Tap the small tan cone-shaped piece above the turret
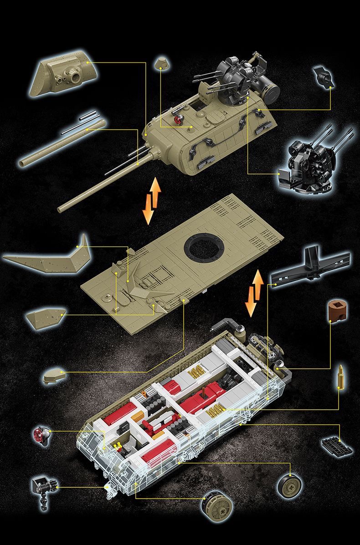click(x=160, y=63)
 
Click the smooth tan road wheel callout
click(x=290, y=486)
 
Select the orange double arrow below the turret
click(x=151, y=200)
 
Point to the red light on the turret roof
click(x=178, y=119)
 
